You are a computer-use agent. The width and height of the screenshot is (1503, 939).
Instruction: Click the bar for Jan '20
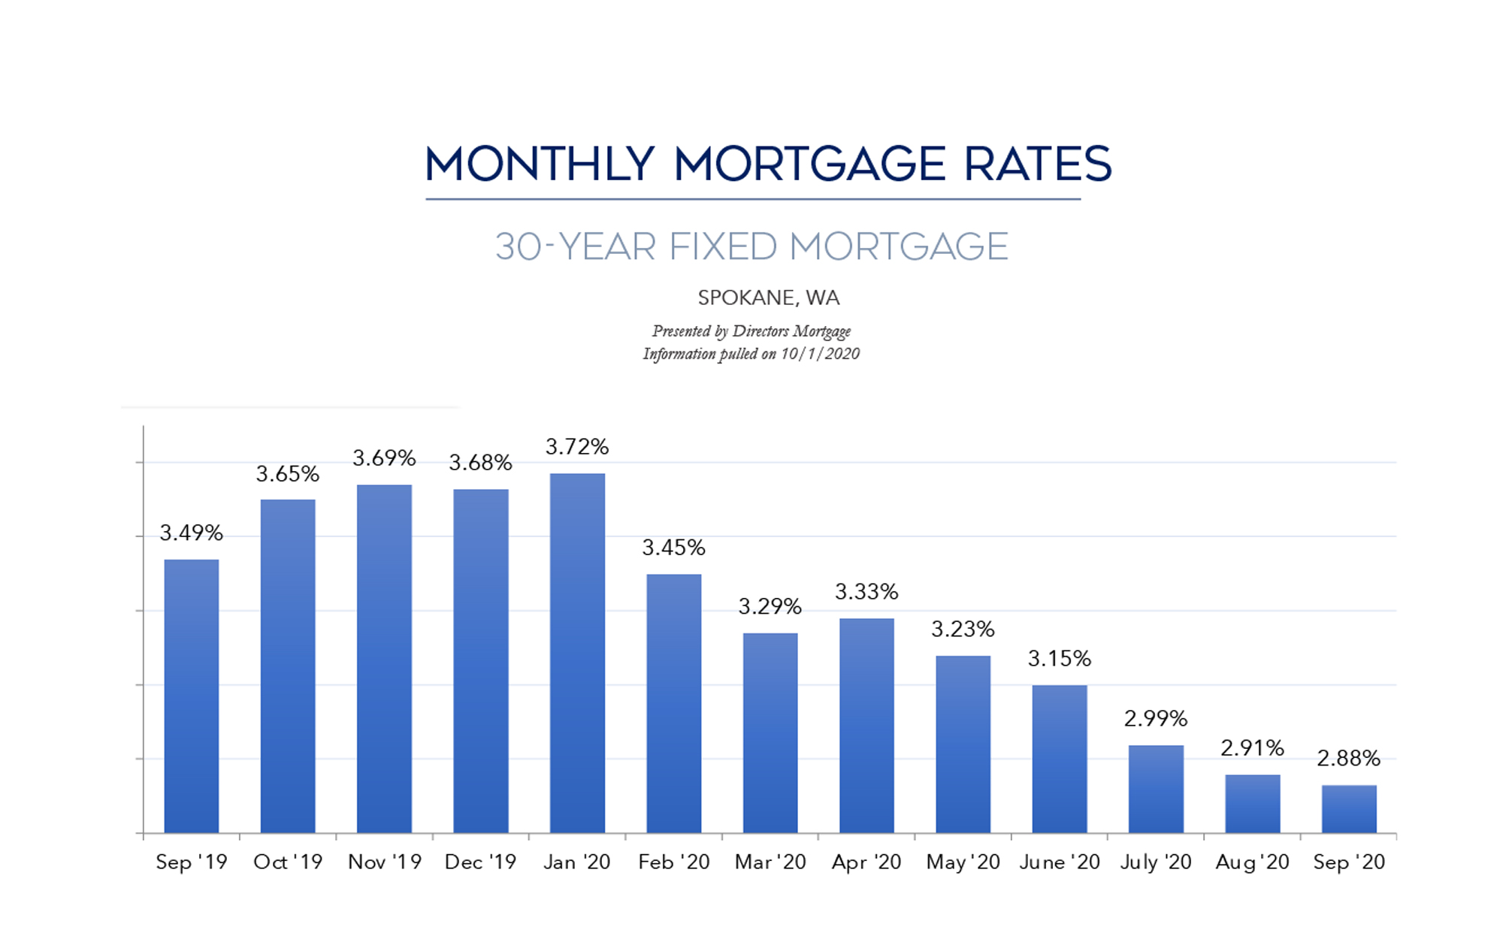pos(577,653)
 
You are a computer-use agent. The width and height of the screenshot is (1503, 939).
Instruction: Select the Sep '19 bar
pos(192,696)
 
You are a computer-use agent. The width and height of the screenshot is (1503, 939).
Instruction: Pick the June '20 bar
pos(1060,759)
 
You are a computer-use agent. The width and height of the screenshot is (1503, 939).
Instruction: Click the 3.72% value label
pos(577,447)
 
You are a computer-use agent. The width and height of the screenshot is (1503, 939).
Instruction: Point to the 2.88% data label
pos(1349,758)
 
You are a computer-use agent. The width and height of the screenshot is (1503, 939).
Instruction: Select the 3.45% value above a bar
pos(673,548)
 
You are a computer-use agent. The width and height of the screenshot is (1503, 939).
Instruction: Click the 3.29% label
pos(770,606)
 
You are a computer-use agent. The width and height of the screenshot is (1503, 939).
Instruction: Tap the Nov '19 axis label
pos(385,862)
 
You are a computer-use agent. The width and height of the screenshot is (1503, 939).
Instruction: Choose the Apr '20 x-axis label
pos(866,862)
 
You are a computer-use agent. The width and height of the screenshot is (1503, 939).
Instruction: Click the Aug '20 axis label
pos(1253,862)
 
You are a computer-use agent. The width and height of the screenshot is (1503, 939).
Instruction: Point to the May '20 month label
pos(963,862)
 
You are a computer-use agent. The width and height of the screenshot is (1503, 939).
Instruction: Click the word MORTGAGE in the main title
pos(809,165)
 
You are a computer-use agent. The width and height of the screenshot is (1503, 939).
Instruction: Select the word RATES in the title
pos(1037,165)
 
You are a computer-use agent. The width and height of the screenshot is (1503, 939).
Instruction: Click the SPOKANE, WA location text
pos(769,298)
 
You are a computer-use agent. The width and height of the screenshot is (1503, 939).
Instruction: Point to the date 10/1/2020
pos(820,354)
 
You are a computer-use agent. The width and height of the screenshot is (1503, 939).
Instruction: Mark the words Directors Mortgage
pos(791,331)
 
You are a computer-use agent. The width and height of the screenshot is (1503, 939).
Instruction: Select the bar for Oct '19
pos(288,666)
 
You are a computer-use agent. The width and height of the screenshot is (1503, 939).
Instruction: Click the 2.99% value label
pos(1156,719)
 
